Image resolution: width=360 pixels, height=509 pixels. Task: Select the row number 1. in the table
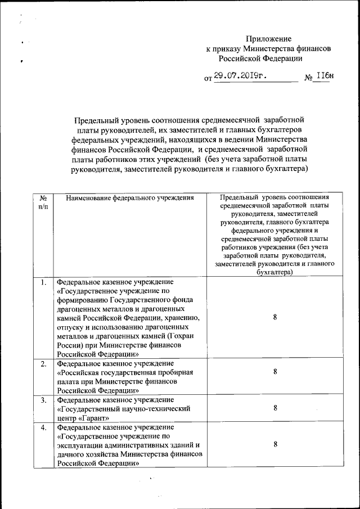43,282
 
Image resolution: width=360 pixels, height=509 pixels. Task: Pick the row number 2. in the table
43,364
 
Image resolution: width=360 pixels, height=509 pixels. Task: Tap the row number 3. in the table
43,400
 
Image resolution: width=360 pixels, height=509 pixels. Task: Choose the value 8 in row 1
275,317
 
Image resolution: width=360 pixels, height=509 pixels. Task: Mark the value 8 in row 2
275,372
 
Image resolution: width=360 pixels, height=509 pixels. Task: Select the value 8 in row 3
275,408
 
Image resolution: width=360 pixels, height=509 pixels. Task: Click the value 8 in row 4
275,444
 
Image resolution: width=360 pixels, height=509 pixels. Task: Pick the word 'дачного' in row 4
71,454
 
